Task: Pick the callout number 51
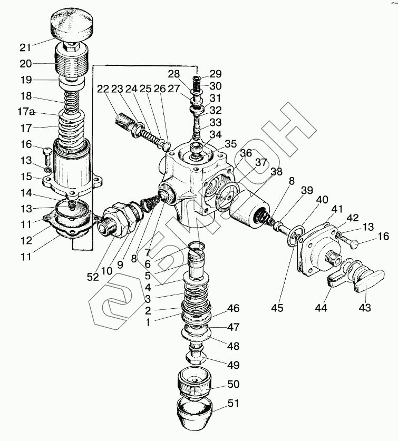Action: click(234, 404)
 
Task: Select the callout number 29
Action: click(216, 73)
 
